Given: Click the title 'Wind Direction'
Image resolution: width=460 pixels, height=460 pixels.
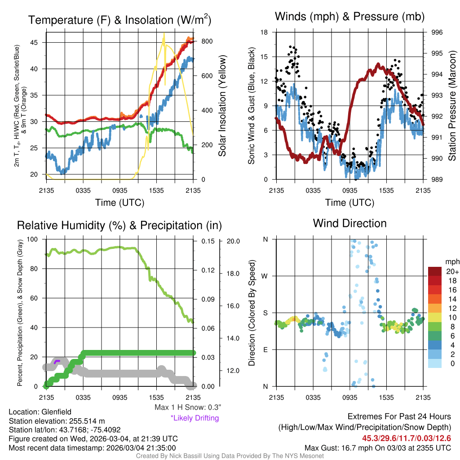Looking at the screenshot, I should tap(349, 223).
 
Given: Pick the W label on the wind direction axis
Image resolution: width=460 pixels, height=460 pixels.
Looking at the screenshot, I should tap(265, 276).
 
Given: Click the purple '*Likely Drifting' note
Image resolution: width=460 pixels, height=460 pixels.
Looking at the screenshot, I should tap(195, 418).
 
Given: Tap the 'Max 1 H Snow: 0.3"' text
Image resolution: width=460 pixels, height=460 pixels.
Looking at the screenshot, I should tap(187, 407).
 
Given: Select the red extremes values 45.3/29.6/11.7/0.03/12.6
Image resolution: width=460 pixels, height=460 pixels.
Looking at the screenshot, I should tap(407, 438).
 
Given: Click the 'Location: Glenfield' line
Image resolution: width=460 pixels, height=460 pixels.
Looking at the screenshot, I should tap(40, 411).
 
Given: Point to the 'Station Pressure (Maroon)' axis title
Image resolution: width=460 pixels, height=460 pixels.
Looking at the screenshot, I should tap(452, 106).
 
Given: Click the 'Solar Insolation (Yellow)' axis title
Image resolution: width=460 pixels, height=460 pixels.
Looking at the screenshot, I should tap(222, 106).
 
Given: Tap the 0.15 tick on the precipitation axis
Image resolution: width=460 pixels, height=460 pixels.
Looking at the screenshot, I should tap(203, 241).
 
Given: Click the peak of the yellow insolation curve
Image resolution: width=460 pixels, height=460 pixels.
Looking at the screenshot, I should tap(164, 34).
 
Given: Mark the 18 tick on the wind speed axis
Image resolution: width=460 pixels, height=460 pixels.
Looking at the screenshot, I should tap(265, 32).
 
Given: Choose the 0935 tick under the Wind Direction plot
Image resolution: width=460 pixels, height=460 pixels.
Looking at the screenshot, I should tap(349, 397).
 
